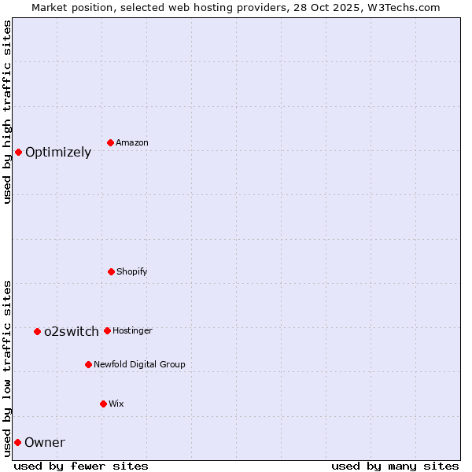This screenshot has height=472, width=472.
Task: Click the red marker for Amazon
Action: (110, 142)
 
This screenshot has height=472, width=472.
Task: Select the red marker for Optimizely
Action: (18, 152)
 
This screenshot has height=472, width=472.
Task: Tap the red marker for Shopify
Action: (111, 271)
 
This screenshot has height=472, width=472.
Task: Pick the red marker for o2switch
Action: (37, 331)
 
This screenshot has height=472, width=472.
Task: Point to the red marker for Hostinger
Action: (107, 330)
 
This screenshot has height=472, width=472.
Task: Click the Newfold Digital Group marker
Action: (88, 364)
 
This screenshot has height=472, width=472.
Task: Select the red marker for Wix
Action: (103, 404)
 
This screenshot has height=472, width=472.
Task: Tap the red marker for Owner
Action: (17, 442)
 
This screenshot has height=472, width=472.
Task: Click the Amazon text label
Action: (132, 142)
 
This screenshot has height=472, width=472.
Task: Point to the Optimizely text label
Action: (58, 153)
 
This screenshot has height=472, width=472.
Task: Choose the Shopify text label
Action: (132, 271)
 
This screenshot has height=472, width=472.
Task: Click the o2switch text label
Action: (72, 332)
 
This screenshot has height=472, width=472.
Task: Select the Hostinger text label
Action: (132, 330)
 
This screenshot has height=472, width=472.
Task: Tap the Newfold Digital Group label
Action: (139, 364)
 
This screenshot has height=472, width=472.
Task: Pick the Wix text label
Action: (116, 404)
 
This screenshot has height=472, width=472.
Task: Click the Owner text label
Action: (45, 443)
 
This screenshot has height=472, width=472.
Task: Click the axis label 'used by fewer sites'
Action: (81, 466)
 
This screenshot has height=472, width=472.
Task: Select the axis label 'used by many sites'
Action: (395, 466)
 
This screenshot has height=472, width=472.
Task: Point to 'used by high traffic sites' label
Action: (7, 112)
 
